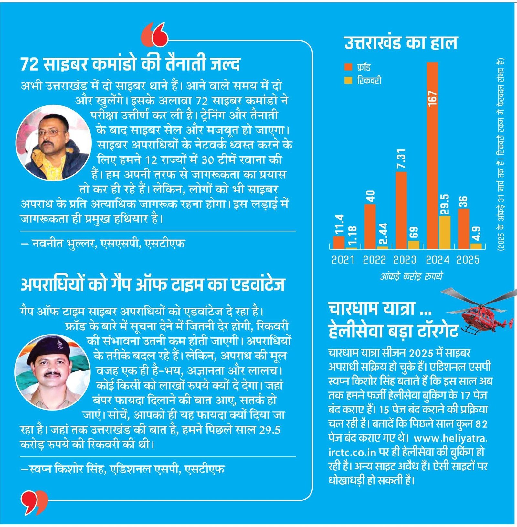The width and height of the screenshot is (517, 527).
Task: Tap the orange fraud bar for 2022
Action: pyautogui.click(x=370, y=226)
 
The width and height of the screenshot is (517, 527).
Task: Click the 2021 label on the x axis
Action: pyautogui.click(x=343, y=260)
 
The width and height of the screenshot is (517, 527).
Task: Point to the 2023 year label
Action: pyautogui.click(x=405, y=260)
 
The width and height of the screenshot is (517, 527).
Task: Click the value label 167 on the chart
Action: pyautogui.click(x=432, y=98)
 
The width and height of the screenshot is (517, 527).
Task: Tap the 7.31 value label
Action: pyautogui.click(x=401, y=159)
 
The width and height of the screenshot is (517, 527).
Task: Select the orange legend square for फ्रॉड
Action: pyautogui.click(x=348, y=67)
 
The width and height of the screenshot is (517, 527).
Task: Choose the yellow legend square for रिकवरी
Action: pyautogui.click(x=348, y=80)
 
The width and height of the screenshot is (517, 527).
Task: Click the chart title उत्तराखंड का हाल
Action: pyautogui.click(x=401, y=43)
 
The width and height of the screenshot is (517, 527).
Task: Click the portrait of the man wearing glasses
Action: pyautogui.click(x=53, y=143)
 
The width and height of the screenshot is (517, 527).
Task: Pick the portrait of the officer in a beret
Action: pyautogui.click(x=52, y=372)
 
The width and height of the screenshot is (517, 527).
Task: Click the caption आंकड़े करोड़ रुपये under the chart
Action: pyautogui.click(x=411, y=276)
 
